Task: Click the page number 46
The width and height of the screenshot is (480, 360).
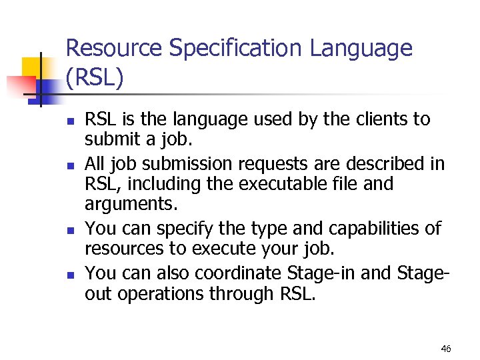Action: click(446, 349)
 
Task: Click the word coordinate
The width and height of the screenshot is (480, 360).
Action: click(239, 273)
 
